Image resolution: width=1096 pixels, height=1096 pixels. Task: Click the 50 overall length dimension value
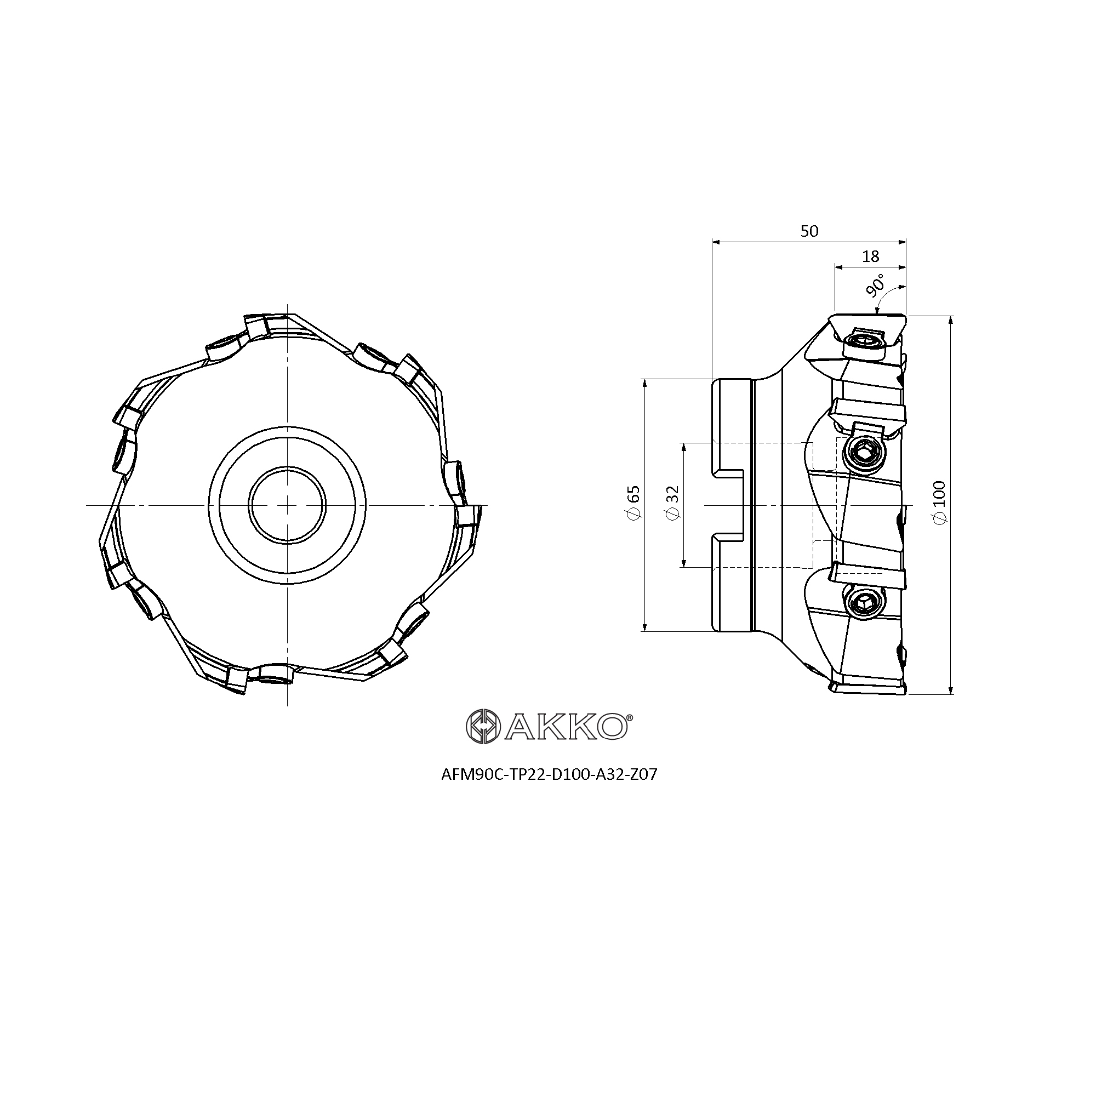click(809, 231)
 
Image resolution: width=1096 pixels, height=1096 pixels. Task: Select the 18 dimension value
click(870, 256)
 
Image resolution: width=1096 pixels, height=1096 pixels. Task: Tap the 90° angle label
click(875, 287)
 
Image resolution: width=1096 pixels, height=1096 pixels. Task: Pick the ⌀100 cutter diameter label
click(939, 503)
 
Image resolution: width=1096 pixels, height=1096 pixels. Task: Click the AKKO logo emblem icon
click(483, 726)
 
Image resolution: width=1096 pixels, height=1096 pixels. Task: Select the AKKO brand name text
click(565, 726)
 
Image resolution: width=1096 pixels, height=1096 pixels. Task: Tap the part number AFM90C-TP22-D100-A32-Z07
click(549, 774)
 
